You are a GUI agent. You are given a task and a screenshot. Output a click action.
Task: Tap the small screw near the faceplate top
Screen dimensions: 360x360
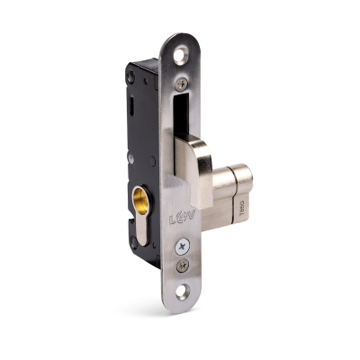[183, 84]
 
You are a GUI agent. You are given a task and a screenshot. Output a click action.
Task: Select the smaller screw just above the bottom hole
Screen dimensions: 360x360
[183, 264]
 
